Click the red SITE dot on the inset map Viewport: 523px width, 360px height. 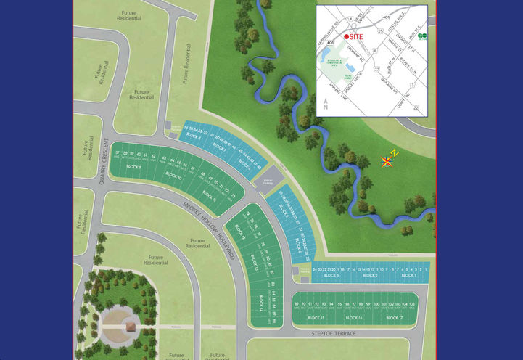[x=346, y=36]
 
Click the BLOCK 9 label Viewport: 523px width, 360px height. [x=133, y=167]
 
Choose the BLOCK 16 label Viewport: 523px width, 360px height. [x=354, y=318]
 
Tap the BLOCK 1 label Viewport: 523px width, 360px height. [x=408, y=276]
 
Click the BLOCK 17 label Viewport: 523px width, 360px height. [x=395, y=318]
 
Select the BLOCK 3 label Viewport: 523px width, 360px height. [x=331, y=276]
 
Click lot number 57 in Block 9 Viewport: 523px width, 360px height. [x=118, y=154]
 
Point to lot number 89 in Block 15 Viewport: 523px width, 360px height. [x=297, y=304]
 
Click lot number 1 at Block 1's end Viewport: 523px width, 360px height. [x=427, y=269]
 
